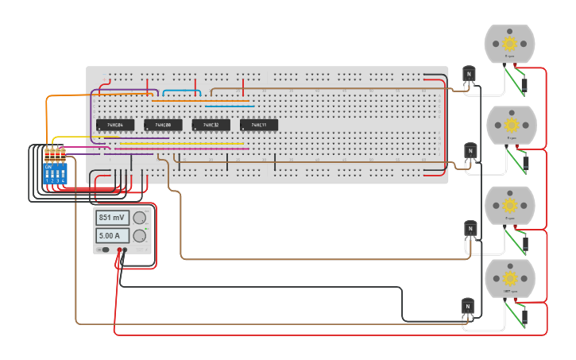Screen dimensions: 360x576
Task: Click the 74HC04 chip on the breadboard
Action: coord(115,125)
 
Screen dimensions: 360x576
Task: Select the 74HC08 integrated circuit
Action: coord(163,125)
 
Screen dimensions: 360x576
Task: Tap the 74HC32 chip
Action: coord(211,125)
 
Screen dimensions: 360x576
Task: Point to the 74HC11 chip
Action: coord(259,125)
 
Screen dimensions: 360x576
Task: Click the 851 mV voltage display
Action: coord(113,218)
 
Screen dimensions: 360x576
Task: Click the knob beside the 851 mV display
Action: coord(140,218)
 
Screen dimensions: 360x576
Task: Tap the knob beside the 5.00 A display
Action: coord(140,235)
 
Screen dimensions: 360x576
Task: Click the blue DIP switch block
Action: coord(56,174)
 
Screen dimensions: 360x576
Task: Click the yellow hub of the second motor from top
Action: coord(511,125)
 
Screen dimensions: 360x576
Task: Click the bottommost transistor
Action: coord(468,306)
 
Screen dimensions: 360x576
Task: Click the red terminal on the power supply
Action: coord(119,250)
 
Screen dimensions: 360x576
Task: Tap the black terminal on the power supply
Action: coord(126,250)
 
